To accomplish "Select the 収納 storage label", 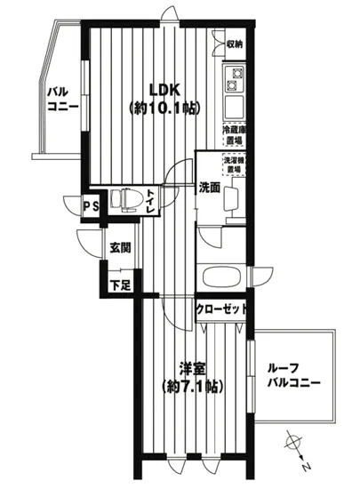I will (x=234, y=44).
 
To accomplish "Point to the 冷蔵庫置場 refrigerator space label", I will (x=234, y=136).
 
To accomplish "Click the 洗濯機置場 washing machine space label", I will (x=235, y=164).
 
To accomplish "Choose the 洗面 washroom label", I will (x=209, y=188).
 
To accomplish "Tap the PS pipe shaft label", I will (x=90, y=205).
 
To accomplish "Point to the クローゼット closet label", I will (x=221, y=309).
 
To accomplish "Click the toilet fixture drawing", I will (x=124, y=200).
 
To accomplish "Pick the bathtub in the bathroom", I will (x=220, y=276).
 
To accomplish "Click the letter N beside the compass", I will (x=305, y=467).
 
